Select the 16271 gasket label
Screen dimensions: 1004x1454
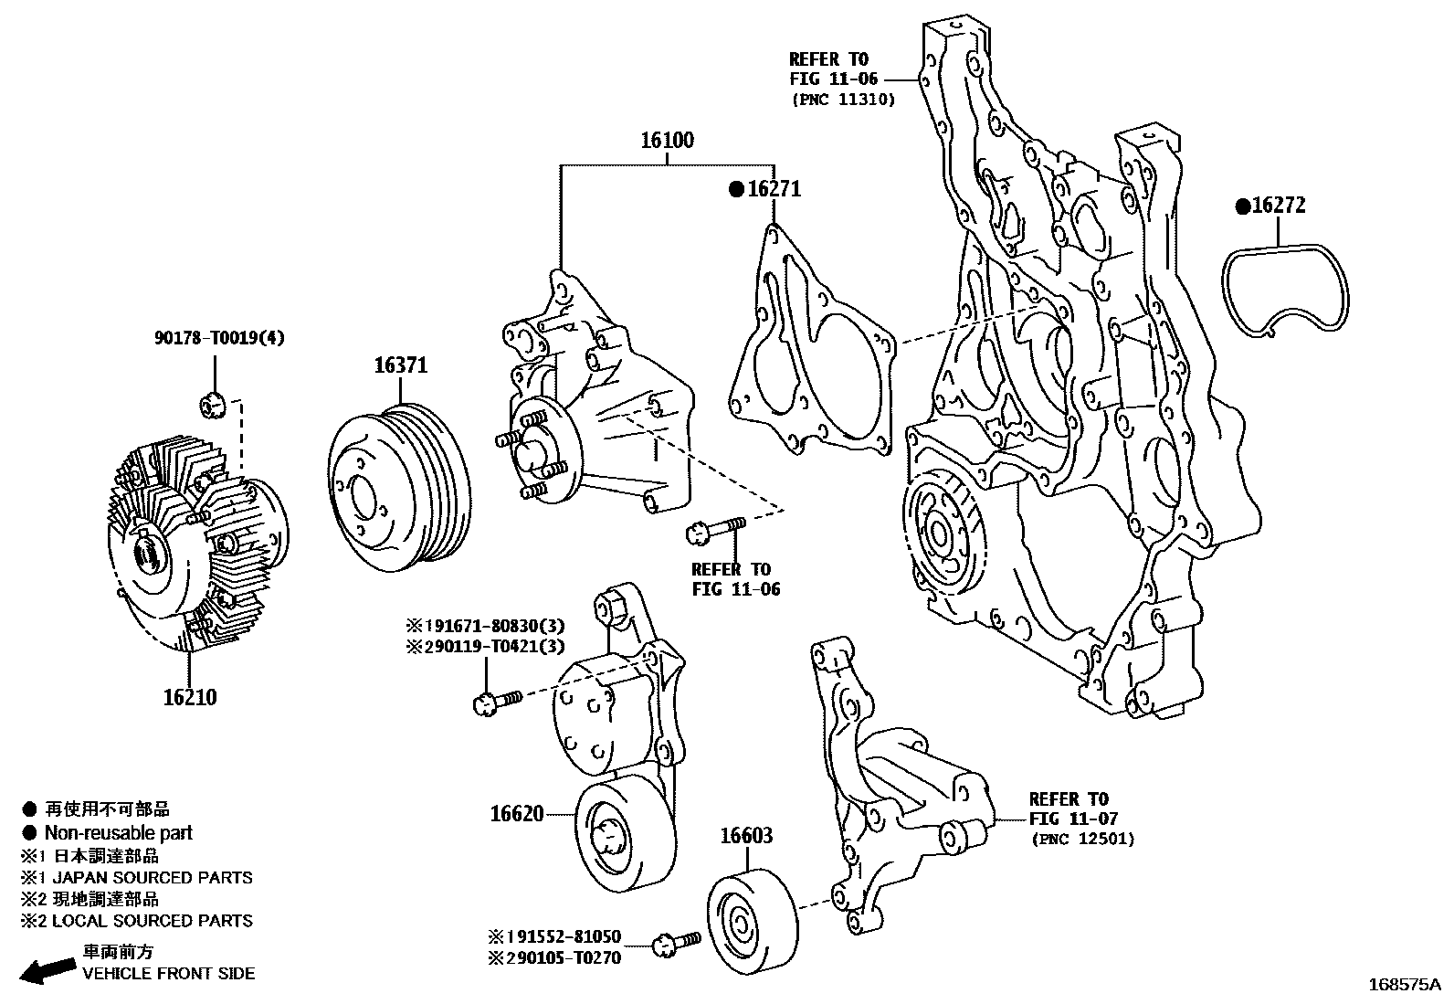tap(774, 189)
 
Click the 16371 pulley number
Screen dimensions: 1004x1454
tap(400, 365)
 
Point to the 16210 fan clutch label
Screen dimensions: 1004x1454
tap(190, 697)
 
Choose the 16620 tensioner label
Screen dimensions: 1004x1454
tap(517, 813)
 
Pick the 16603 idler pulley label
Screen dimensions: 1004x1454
tap(746, 835)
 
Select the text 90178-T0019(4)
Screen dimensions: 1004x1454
tap(219, 338)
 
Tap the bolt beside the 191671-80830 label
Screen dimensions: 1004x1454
tap(495, 701)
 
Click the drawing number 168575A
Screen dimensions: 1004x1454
tap(1403, 985)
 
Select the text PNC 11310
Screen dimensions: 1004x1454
tap(842, 100)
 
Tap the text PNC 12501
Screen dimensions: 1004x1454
tap(1082, 838)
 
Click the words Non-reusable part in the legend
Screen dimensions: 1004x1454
tap(119, 832)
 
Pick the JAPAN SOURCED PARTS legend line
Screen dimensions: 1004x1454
tap(149, 877)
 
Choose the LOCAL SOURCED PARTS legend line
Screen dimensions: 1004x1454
tap(149, 921)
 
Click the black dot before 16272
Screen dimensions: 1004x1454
tap(1242, 206)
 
